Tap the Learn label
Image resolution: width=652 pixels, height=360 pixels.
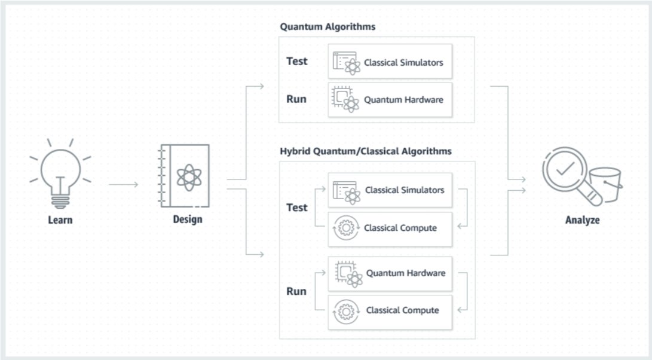[60, 220]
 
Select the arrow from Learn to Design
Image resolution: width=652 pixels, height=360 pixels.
[123, 184]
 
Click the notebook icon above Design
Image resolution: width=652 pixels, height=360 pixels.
[186, 176]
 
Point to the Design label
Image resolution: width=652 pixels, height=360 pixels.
[188, 219]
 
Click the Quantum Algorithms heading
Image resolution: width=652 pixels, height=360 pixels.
[327, 27]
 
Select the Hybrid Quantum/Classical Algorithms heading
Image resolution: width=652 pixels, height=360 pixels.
[365, 151]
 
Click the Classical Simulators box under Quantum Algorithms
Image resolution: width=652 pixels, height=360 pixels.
[390, 62]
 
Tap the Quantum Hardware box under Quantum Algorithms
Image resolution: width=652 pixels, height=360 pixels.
[390, 99]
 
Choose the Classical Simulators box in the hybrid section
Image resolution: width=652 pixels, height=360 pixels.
[390, 190]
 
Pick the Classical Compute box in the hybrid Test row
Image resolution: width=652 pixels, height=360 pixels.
[390, 228]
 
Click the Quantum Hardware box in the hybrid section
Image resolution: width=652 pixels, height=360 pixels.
[390, 273]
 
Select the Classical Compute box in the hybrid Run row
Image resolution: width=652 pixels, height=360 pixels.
[390, 310]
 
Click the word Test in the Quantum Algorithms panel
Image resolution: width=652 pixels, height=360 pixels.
[297, 61]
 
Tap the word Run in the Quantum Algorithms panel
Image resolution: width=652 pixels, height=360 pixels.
[296, 99]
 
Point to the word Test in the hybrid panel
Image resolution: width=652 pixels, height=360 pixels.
[297, 208]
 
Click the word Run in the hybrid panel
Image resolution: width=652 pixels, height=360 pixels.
[296, 292]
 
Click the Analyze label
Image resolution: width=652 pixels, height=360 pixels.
[582, 220]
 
